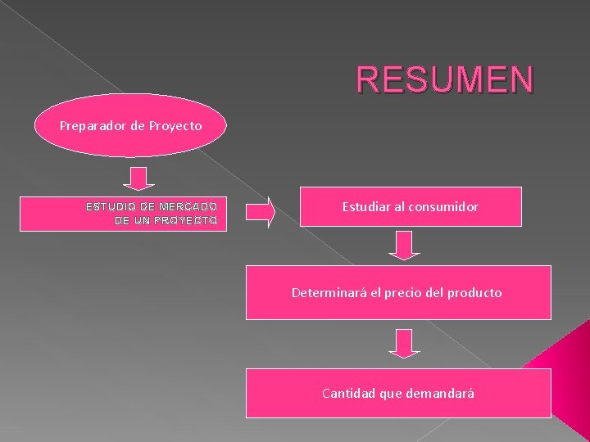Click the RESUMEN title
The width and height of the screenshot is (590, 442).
445,80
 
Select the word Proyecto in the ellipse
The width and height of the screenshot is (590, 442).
174,126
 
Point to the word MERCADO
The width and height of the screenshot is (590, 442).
189,207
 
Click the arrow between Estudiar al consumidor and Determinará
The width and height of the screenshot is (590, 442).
403,245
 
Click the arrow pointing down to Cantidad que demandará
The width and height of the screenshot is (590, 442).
403,343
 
